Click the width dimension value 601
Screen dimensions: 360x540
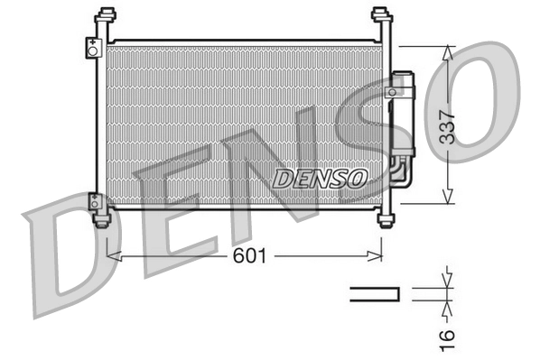tap(249, 256)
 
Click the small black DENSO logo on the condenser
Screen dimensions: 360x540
tap(319, 178)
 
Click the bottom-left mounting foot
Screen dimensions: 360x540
tap(102, 217)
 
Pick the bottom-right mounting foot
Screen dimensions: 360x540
tap(387, 219)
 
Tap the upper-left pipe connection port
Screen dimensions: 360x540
tap(92, 49)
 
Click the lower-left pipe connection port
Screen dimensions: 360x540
tap(93, 202)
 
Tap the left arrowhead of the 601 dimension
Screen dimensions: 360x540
tap(112, 256)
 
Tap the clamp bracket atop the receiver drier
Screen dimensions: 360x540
tap(396, 90)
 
